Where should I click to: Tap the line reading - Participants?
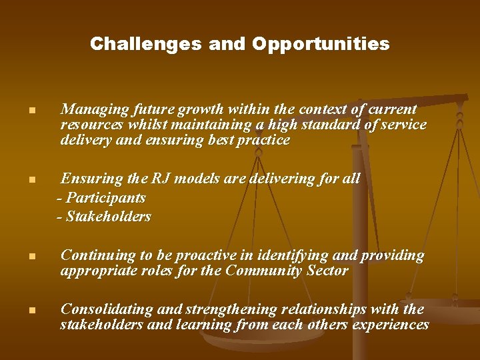pos(101,198)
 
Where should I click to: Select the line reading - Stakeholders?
pos(104,217)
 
